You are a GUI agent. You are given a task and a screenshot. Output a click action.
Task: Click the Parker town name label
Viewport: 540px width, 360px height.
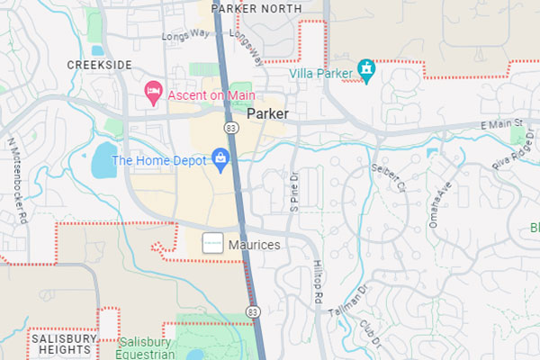[267, 115]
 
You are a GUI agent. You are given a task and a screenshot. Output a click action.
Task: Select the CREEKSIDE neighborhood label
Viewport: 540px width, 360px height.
[99, 65]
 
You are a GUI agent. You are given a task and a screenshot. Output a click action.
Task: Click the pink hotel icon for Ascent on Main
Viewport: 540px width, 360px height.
[154, 91]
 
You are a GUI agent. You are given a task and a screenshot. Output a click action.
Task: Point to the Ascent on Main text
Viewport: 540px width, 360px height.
[209, 95]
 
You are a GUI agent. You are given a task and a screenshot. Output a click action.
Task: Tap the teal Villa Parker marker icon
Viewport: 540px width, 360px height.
[366, 69]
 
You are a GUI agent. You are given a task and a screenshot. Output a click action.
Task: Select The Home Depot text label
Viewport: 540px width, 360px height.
[158, 162]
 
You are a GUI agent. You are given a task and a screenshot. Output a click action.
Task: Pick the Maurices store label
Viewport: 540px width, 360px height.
[254, 245]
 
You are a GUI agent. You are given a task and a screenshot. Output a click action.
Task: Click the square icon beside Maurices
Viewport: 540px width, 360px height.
[212, 244]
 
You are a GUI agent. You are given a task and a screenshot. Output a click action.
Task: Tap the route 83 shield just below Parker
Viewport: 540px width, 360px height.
[232, 130]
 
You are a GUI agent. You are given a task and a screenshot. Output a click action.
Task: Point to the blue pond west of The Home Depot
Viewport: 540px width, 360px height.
[104, 160]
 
